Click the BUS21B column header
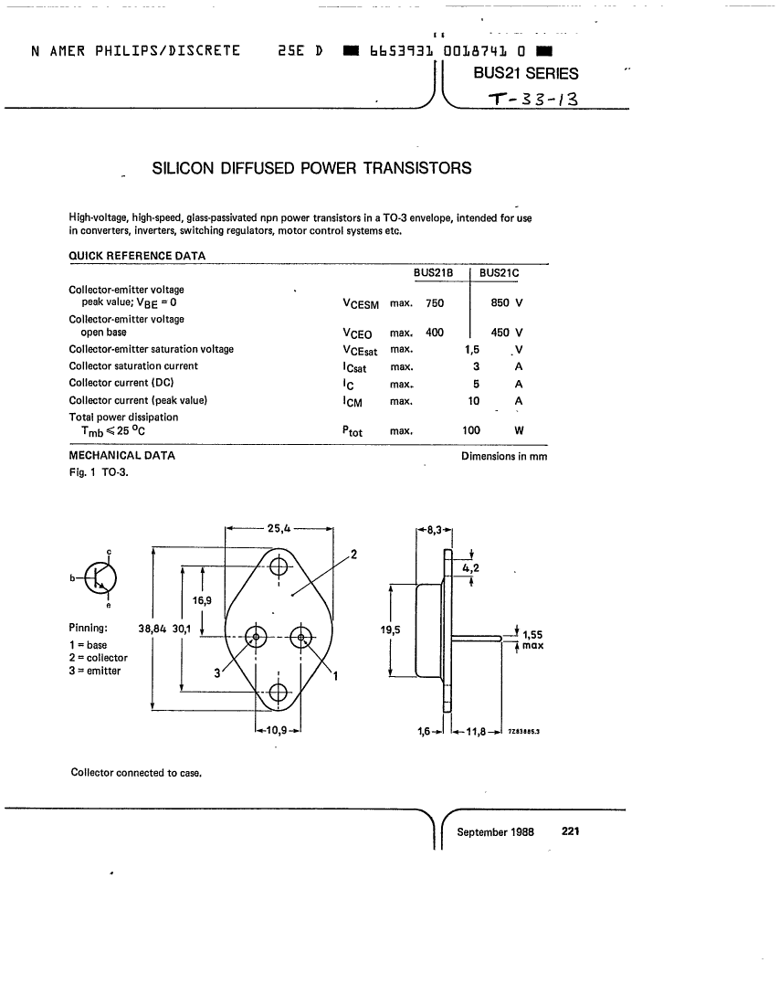pyautogui.click(x=433, y=273)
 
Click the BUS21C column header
pyautogui.click(x=499, y=273)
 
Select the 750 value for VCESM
pyautogui.click(x=435, y=303)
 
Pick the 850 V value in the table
pyautogui.click(x=507, y=302)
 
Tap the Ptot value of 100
pyautogui.click(x=471, y=430)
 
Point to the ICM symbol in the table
pyautogui.click(x=353, y=402)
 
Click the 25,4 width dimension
pyautogui.click(x=279, y=529)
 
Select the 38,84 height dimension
pyautogui.click(x=152, y=629)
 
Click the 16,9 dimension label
pyautogui.click(x=202, y=600)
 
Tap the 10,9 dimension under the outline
pyautogui.click(x=277, y=730)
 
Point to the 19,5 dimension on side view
pyautogui.click(x=390, y=630)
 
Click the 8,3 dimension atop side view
pyautogui.click(x=435, y=530)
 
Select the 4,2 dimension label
pyautogui.click(x=471, y=568)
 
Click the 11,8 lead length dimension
pyautogui.click(x=475, y=731)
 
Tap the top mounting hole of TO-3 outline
pyautogui.click(x=278, y=566)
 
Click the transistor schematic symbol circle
pyautogui.click(x=100, y=577)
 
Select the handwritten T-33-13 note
pyautogui.click(x=533, y=99)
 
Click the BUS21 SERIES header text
pyautogui.click(x=526, y=73)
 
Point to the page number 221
pyautogui.click(x=570, y=831)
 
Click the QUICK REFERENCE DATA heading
pyautogui.click(x=137, y=256)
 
